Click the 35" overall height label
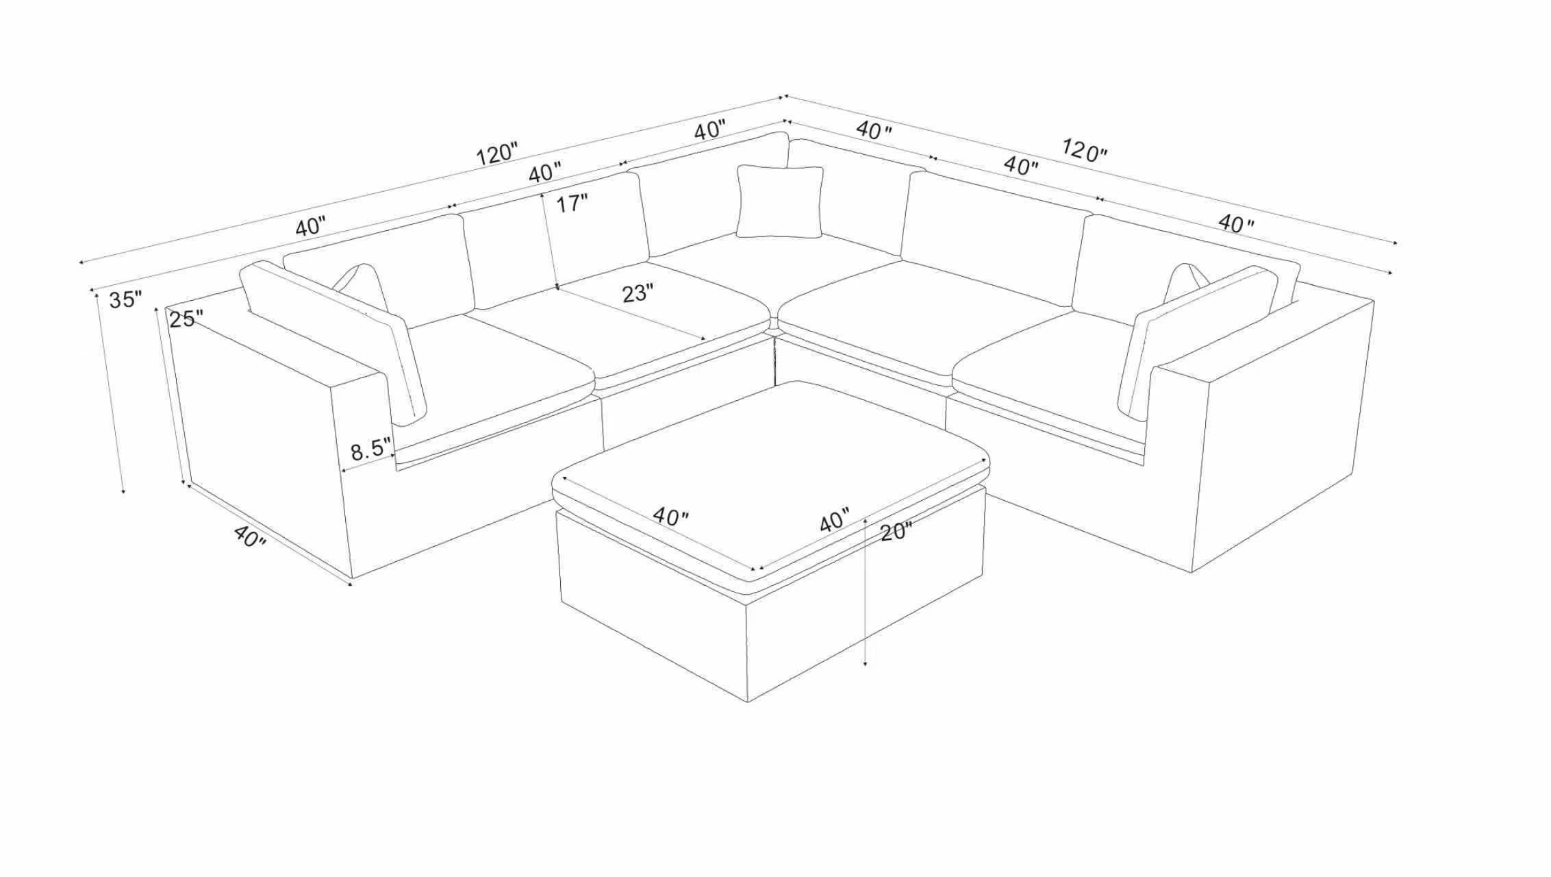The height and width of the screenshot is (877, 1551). (125, 299)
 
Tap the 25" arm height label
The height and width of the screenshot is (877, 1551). (186, 319)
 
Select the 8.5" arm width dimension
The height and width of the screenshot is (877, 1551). (370, 450)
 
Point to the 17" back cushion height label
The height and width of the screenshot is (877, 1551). (571, 203)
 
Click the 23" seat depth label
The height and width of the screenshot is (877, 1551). (637, 293)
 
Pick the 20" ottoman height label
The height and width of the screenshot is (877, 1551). (896, 531)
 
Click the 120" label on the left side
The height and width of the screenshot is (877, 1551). (496, 153)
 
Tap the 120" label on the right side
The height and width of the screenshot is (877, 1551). (1084, 149)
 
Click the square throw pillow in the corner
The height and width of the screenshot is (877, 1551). (779, 201)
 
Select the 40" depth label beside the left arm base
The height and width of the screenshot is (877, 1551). (249, 536)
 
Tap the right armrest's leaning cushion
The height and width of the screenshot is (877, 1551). (1197, 341)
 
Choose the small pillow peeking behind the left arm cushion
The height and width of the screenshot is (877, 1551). (361, 286)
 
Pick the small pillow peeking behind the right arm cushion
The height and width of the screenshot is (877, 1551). (1186, 282)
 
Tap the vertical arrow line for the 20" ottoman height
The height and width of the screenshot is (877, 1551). (866, 592)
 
